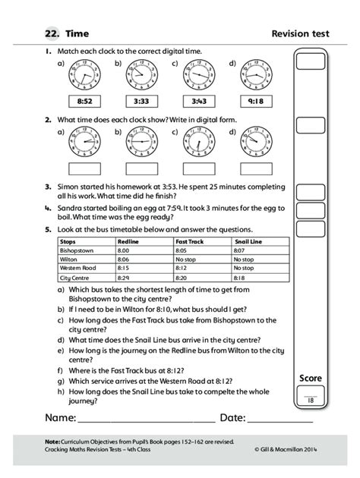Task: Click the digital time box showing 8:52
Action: pyautogui.click(x=84, y=101)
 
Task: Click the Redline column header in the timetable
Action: pyautogui.click(x=129, y=241)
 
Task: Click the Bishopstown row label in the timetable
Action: pyautogui.click(x=76, y=250)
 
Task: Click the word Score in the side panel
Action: pyautogui.click(x=311, y=378)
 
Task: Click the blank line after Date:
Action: pyautogui.click(x=280, y=420)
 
